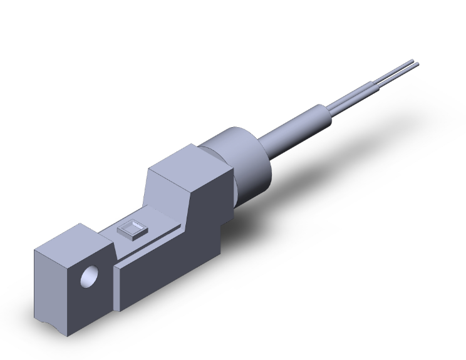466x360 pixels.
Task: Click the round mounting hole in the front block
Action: point(90,275)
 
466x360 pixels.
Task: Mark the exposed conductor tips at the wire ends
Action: point(414,63)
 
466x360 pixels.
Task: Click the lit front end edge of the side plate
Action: point(117,288)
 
